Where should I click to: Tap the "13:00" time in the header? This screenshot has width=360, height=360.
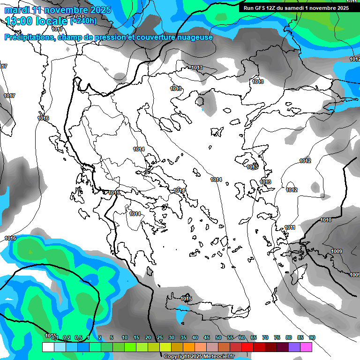point(20,21)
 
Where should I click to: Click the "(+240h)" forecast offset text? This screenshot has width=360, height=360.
point(83,21)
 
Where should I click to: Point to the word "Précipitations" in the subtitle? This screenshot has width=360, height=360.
point(29,37)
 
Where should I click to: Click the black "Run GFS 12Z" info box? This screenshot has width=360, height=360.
point(296,8)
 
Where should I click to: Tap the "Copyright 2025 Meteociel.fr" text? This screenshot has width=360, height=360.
point(199,356)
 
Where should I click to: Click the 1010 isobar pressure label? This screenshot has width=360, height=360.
point(326,220)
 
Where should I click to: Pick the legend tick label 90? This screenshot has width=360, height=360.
point(312,338)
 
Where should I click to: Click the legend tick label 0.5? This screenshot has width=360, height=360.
point(78,338)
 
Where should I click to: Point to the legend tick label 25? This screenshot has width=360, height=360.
point(160,338)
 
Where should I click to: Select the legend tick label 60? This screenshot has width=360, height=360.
point(242,338)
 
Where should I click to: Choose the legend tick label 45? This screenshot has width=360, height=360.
point(207,338)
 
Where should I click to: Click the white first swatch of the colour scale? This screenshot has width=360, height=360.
point(48,347)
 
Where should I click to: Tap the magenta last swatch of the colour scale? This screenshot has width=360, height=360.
point(306,347)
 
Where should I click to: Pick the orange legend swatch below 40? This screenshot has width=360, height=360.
point(189,347)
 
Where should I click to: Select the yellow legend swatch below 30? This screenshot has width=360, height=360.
point(165,347)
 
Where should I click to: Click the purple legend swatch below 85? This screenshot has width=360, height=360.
point(294,347)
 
